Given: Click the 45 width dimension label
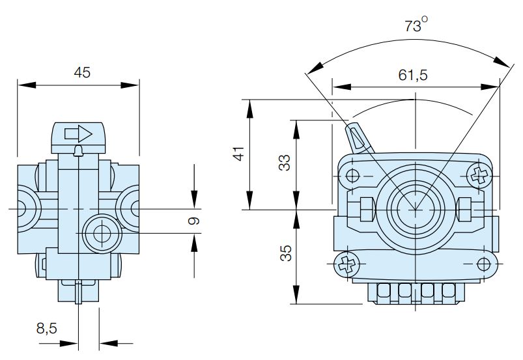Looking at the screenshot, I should pos(81,72).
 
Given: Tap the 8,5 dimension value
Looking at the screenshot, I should pos(46,328).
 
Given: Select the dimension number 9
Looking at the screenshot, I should pos(193,221).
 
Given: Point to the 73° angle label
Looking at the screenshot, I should pos(414,26).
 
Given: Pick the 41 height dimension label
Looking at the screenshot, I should pos(238,154).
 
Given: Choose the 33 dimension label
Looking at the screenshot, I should pos(285,163).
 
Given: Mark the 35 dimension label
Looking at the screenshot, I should pos(285,252).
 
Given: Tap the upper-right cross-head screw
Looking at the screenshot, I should pos(480,174).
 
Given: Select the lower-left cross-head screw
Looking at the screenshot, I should pos(345,264).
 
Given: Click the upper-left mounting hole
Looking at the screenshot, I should pos(352,175).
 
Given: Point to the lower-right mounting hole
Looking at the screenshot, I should pos(483,263).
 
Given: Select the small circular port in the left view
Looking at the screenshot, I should pos(102,232).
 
